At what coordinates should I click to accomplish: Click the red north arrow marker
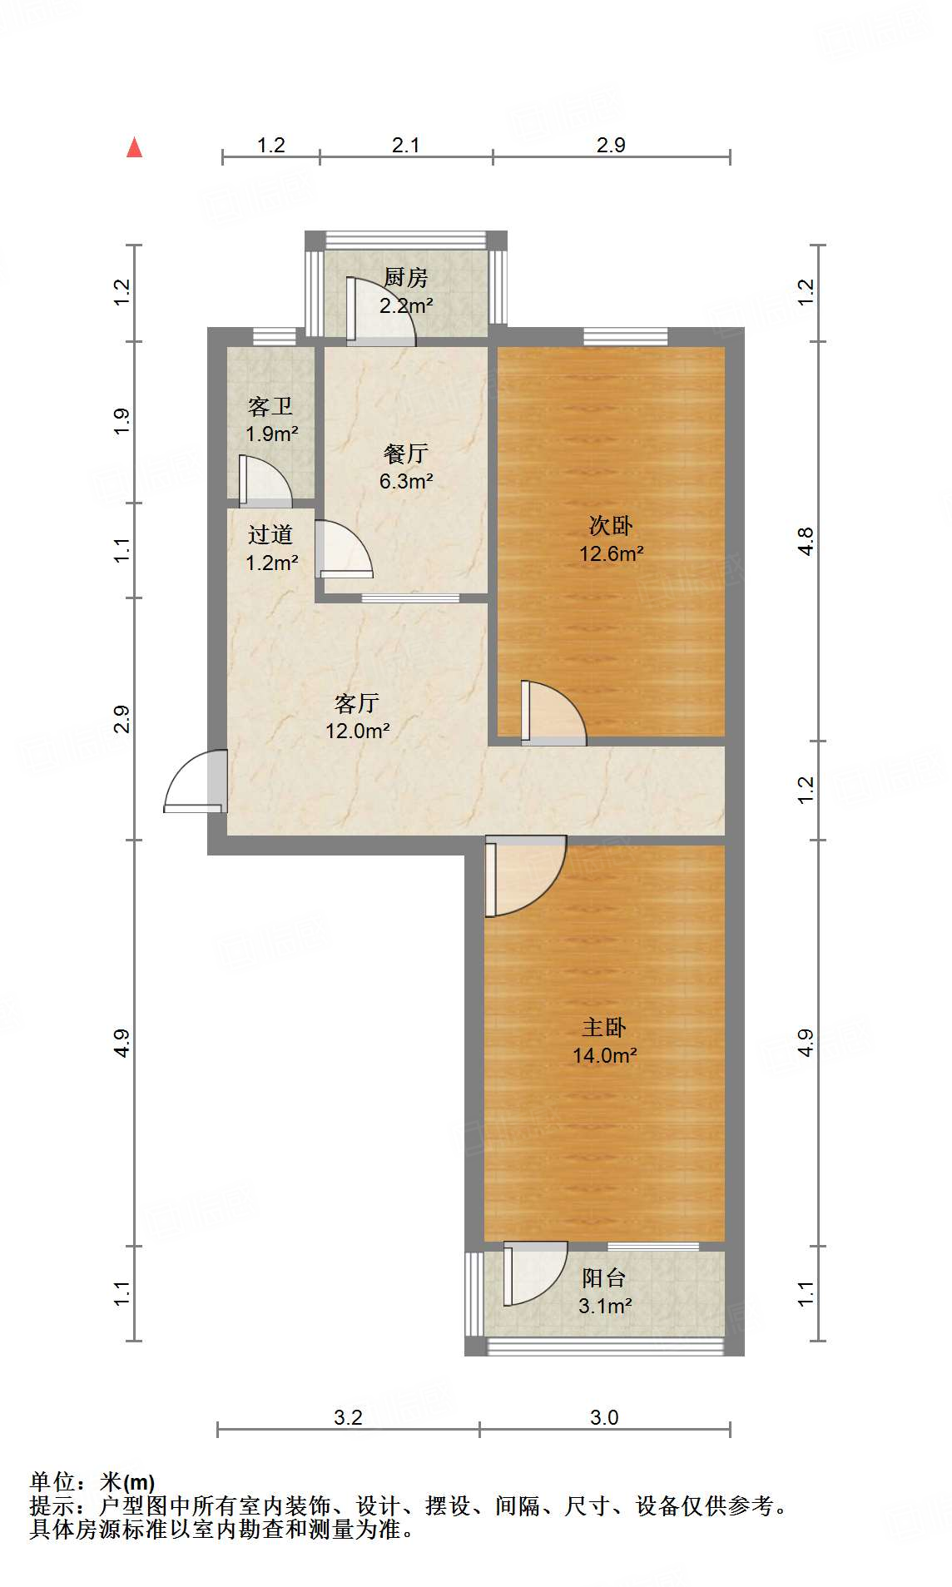(134, 147)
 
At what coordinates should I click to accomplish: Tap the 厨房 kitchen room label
(406, 277)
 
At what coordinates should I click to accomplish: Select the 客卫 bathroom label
(270, 406)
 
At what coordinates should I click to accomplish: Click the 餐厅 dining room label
(406, 454)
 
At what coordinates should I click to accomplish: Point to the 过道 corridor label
(270, 534)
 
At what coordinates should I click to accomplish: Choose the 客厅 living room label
(357, 703)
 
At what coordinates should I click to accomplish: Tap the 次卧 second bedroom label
(611, 525)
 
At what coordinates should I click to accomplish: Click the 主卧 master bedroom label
(604, 1027)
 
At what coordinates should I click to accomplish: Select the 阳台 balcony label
(604, 1277)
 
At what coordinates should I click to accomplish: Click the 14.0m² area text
(604, 1055)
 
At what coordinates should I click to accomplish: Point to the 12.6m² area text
(611, 553)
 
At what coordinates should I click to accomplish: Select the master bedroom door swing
(524, 874)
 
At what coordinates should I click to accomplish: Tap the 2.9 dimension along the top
(611, 145)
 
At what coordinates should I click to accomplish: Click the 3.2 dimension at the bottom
(348, 1417)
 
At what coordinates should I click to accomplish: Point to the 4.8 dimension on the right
(806, 541)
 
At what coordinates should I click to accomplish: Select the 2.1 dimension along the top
(405, 145)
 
